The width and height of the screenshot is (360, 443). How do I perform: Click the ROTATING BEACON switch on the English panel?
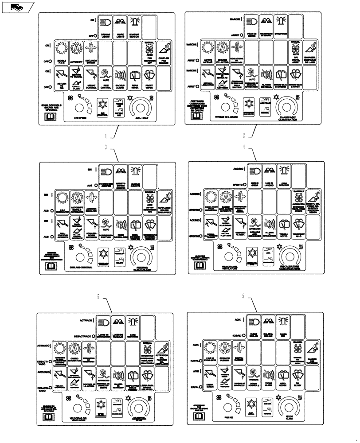[x=135, y=26]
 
